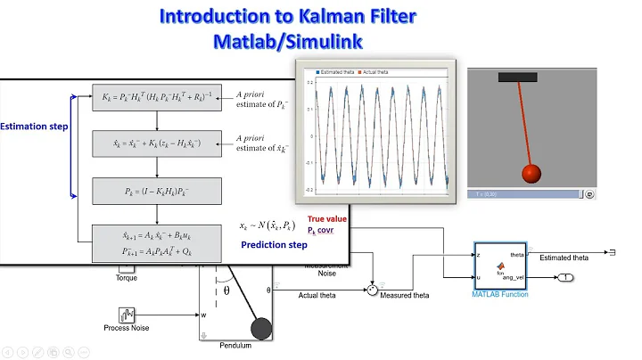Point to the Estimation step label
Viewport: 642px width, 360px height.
click(35, 127)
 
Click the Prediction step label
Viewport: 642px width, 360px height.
click(276, 244)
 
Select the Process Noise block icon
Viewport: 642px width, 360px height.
click(127, 315)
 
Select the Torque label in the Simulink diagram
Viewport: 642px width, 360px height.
click(127, 277)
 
